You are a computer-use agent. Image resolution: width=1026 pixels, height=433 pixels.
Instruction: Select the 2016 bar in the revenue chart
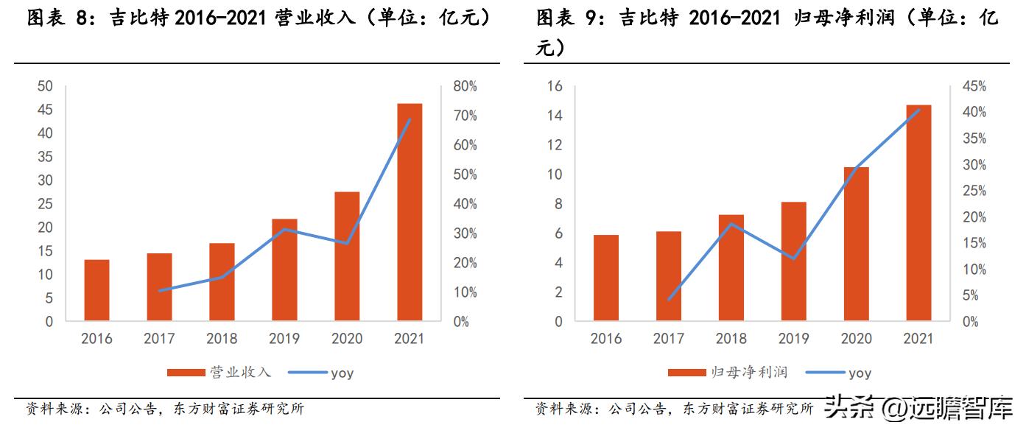[x=96, y=290]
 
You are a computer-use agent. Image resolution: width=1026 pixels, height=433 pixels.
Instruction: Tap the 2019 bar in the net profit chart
[x=793, y=261]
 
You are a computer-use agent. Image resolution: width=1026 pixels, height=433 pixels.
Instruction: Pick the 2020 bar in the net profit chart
[x=856, y=244]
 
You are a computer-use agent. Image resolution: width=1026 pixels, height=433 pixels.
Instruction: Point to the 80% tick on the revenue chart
[x=465, y=86]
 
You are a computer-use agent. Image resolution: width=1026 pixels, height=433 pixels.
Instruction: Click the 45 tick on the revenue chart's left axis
[x=45, y=110]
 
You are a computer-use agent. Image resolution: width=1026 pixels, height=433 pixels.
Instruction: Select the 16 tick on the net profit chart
[x=555, y=86]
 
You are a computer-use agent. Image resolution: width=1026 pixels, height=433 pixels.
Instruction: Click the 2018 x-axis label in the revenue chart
[x=222, y=339]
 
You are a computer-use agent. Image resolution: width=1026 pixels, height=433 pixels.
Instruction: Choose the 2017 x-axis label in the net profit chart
[x=668, y=339]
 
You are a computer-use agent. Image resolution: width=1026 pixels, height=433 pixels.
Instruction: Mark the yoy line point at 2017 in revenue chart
[x=159, y=291]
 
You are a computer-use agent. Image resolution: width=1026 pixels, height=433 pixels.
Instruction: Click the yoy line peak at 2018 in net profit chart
[x=731, y=223]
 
